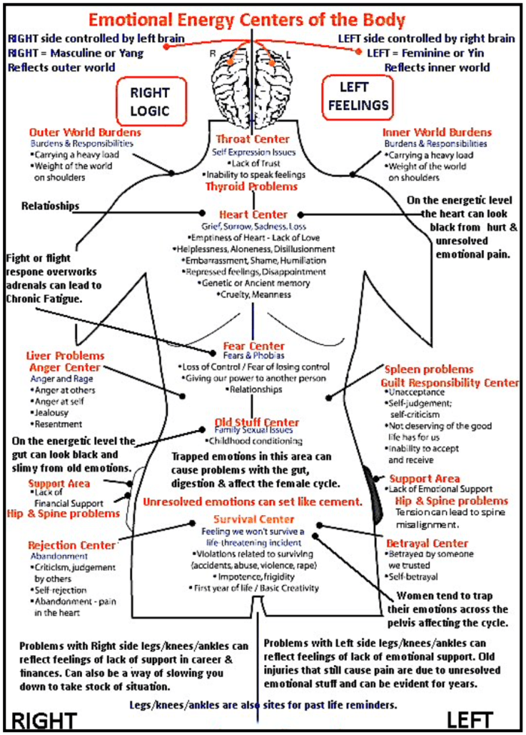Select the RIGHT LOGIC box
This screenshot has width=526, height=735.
[151, 102]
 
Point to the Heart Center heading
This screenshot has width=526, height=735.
[254, 215]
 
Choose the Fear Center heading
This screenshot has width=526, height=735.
[254, 346]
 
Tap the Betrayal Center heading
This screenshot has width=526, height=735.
[427, 543]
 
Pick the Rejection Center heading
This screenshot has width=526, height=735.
[71, 545]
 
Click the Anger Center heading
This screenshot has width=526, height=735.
[64, 367]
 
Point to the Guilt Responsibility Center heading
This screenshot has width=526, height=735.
[449, 383]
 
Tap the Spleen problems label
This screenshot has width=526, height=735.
[429, 370]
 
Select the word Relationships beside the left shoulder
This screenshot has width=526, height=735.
[50, 206]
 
